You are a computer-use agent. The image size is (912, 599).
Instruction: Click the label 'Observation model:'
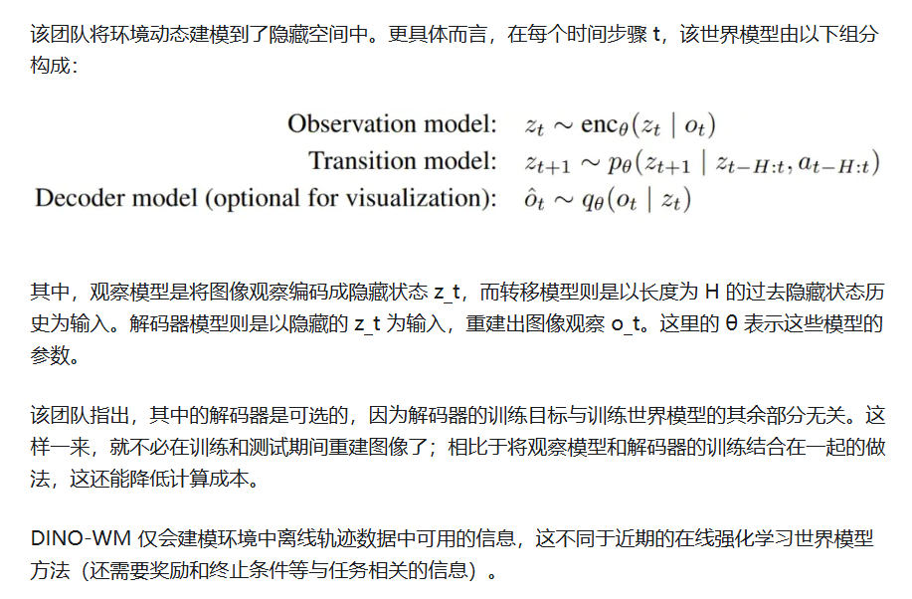(392, 124)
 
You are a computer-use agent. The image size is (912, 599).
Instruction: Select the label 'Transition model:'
(402, 161)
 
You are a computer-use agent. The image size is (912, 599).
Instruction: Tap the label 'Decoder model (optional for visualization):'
(266, 198)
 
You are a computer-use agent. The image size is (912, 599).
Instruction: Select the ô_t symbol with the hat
(534, 199)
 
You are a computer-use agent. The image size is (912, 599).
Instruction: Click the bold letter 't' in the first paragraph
(656, 34)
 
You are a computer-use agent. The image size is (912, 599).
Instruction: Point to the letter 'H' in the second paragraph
(710, 293)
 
